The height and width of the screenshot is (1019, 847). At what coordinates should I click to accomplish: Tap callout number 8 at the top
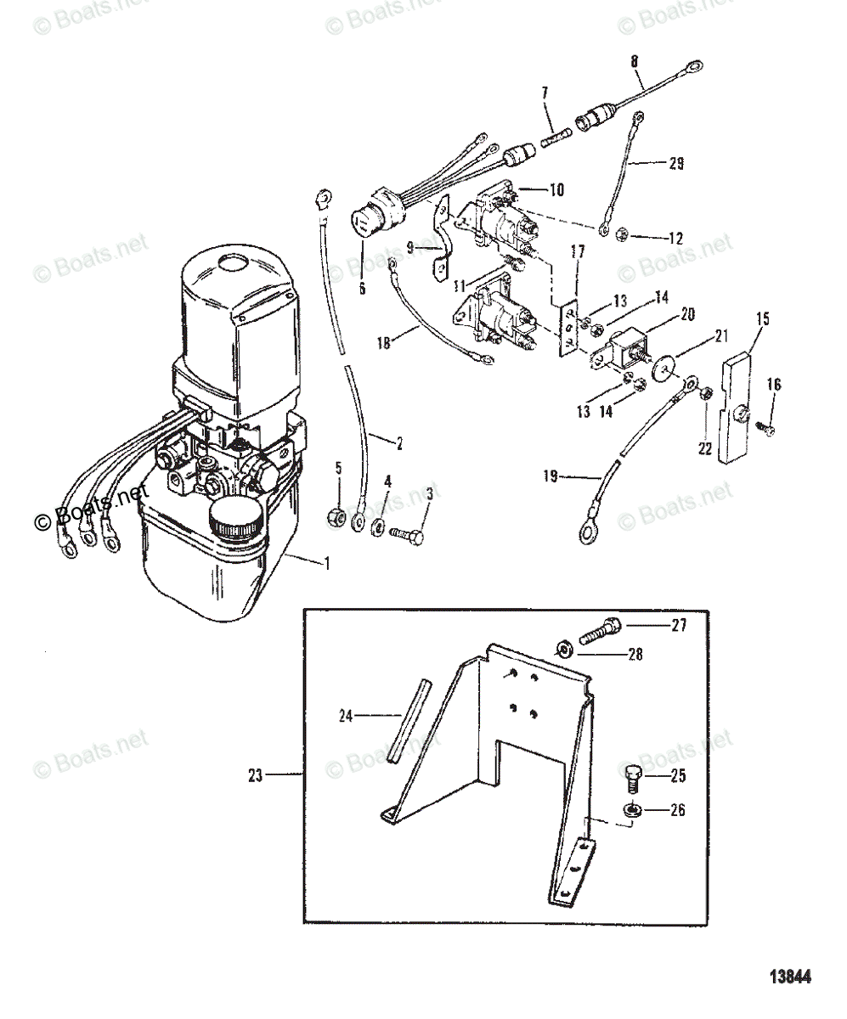point(634,61)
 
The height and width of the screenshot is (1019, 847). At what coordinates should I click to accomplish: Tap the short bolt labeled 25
point(630,775)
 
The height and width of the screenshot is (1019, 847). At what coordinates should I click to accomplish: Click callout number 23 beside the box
point(256,774)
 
